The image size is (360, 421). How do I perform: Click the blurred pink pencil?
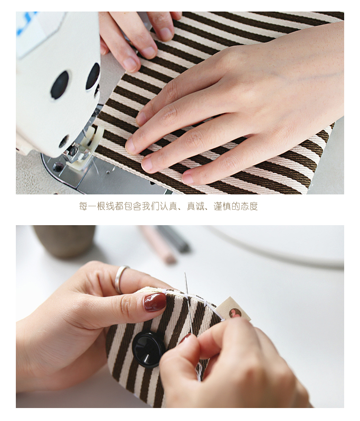pyautogui.click(x=158, y=244)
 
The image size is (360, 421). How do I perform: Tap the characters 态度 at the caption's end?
pyautogui.click(x=249, y=206)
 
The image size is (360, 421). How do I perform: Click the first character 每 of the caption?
pyautogui.click(x=83, y=206)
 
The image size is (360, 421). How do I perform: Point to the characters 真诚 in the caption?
pyautogui.click(x=195, y=206)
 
